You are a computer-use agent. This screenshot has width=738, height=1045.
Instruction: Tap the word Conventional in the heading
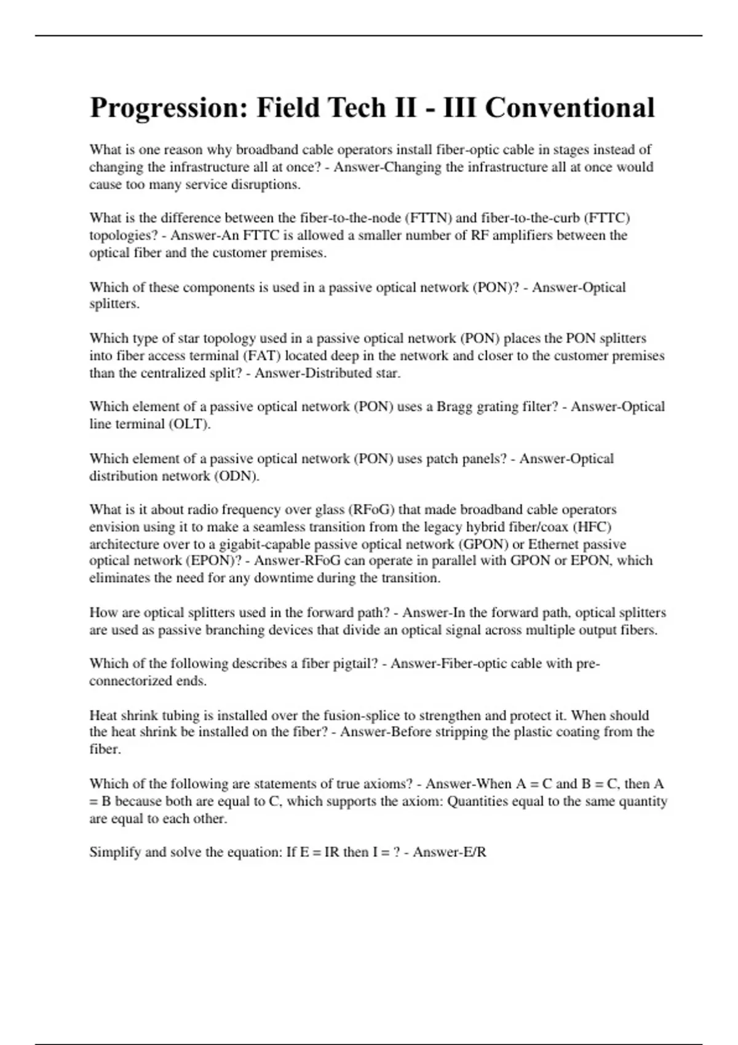[x=569, y=108]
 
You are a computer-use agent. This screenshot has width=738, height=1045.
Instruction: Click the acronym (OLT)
[x=189, y=424]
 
